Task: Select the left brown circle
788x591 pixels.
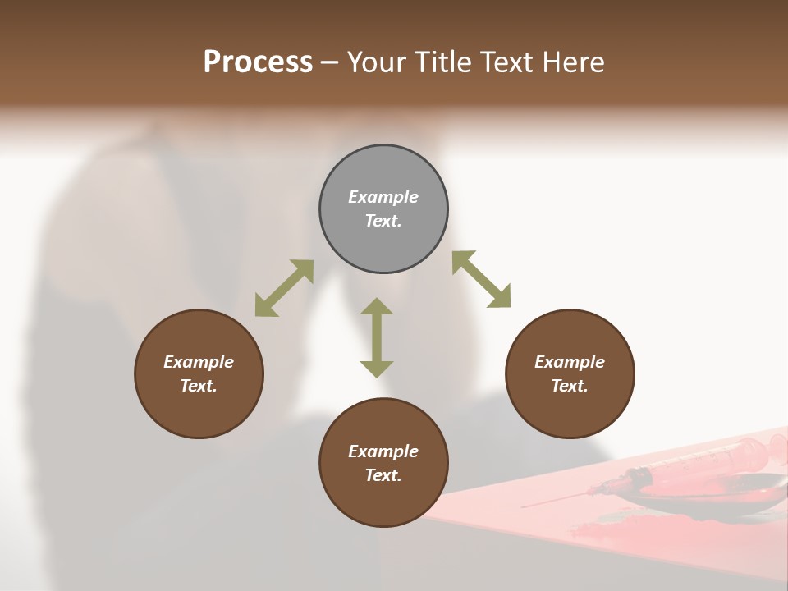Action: tap(199, 373)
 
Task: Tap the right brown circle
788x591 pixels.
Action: tap(570, 373)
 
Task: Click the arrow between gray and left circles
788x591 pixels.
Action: tap(284, 288)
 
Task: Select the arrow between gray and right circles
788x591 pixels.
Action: tap(482, 279)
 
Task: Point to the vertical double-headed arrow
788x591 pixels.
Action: tap(377, 337)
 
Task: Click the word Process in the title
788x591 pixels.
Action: tap(258, 62)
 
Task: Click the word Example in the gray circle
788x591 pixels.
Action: tap(383, 197)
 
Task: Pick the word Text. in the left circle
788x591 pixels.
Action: tap(199, 386)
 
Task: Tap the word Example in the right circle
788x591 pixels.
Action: tap(570, 362)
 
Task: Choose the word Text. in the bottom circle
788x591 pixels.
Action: tap(383, 475)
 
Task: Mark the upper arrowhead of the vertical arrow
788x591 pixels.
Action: tap(377, 307)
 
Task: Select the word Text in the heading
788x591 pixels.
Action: tap(507, 62)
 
